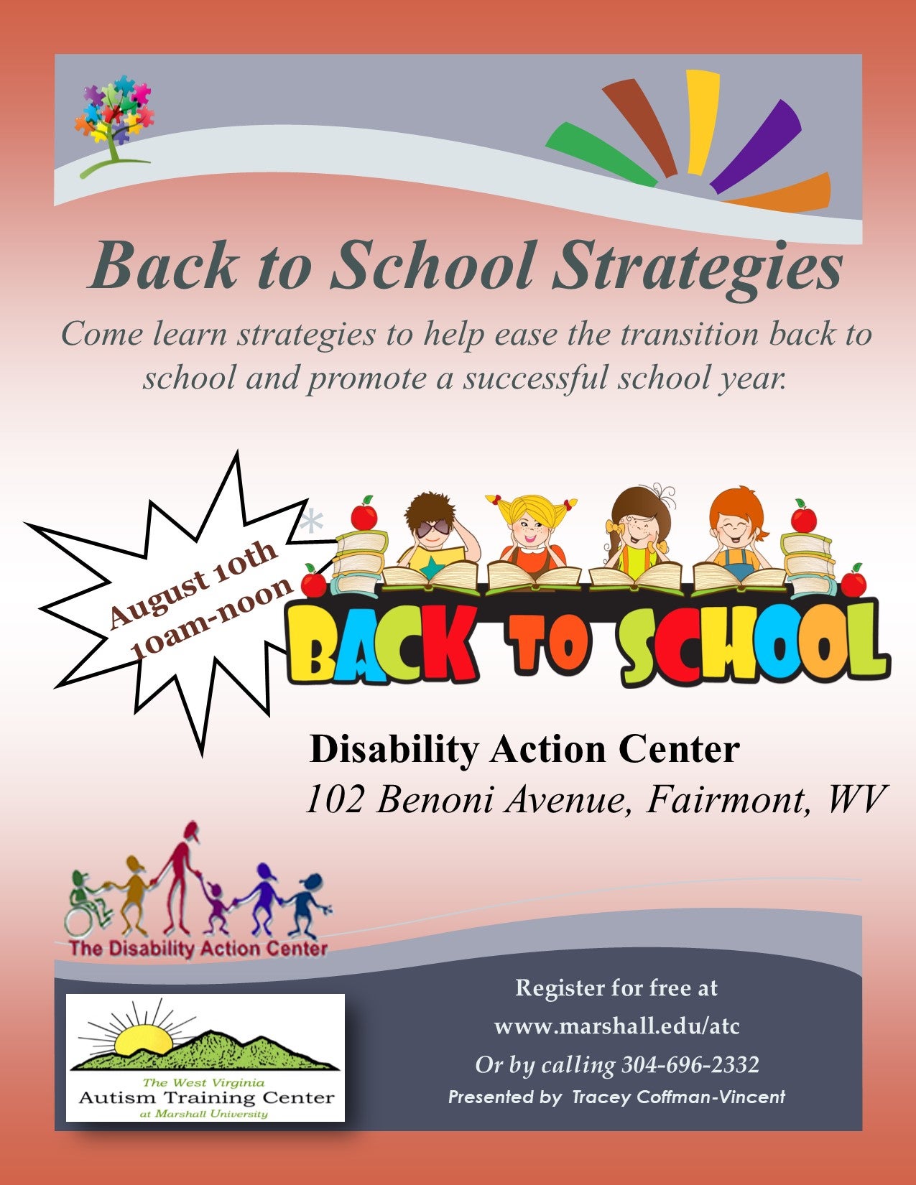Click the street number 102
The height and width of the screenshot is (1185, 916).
(335, 800)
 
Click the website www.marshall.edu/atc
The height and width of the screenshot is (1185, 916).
(616, 1027)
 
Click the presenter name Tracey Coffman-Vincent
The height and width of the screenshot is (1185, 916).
(678, 1097)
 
